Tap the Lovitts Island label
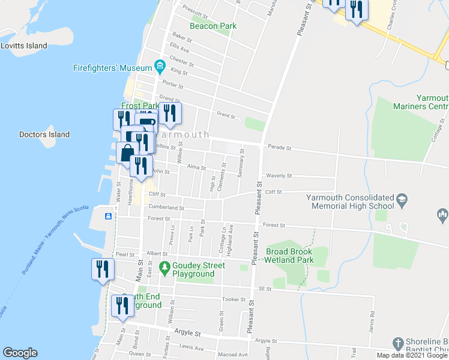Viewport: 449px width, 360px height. click(24, 46)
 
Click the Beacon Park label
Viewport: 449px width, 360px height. click(213, 26)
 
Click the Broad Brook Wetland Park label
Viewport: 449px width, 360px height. click(290, 256)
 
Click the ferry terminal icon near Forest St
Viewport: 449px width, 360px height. click(108, 216)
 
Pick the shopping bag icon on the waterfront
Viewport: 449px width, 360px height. click(128, 152)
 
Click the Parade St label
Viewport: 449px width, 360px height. click(279, 147)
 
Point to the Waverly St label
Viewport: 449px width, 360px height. click(279, 176)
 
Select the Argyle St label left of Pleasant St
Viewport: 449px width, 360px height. click(187, 332)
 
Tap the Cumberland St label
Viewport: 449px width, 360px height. click(166, 208)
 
